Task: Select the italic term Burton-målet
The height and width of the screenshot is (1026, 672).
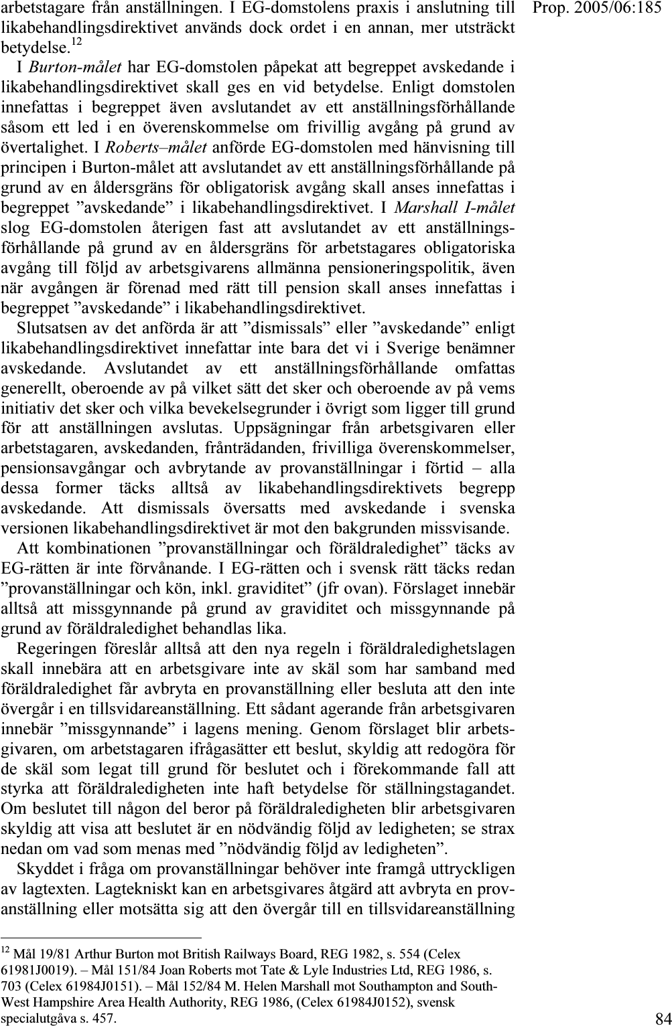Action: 75,67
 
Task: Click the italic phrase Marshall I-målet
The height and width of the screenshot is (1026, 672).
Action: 454,207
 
